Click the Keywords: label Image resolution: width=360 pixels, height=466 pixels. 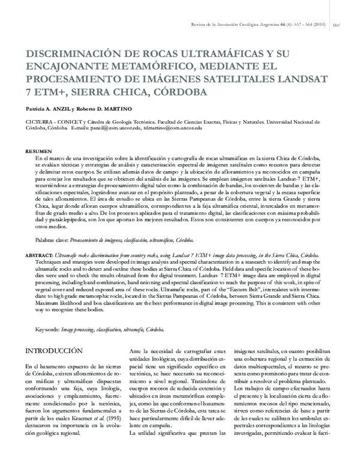point(47,330)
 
